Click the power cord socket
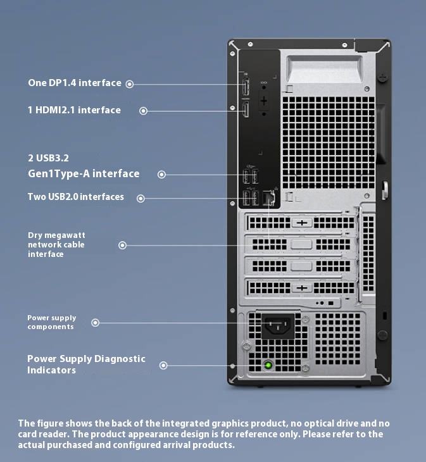(279, 326)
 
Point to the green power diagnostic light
(269, 365)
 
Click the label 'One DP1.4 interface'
(74, 83)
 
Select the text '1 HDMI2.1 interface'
(74, 110)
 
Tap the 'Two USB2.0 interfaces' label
(76, 197)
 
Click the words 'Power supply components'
(51, 322)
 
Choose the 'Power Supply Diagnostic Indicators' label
(86, 364)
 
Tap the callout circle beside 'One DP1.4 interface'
(129, 84)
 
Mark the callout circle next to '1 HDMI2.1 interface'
(144, 111)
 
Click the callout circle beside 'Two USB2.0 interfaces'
(141, 198)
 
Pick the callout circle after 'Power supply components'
(96, 323)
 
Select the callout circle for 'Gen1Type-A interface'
(162, 174)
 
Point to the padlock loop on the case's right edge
(384, 190)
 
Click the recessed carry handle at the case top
(325, 70)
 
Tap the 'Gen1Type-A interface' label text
(84, 173)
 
